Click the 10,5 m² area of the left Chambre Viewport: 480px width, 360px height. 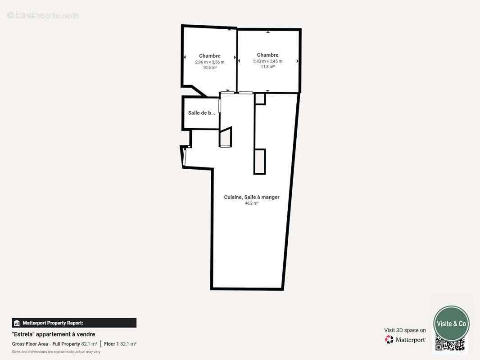209,67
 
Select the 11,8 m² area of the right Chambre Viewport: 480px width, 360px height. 267,67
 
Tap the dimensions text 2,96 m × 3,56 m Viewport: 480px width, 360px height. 209,62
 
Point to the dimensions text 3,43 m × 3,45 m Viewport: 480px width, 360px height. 267,61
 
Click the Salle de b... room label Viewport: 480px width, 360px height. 201,113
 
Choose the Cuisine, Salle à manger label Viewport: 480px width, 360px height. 252,197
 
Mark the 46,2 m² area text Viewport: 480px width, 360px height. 252,203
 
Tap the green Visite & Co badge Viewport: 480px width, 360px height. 451,324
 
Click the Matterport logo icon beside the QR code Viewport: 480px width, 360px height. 389,340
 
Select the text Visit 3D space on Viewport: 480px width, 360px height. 405,330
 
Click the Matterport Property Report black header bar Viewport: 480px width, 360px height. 74,323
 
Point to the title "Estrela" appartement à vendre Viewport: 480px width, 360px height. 54,334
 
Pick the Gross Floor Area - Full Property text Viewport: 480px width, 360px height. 46,344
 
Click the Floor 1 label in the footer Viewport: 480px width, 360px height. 111,344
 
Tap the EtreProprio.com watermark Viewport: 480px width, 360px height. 43,16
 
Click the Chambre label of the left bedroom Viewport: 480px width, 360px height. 209,56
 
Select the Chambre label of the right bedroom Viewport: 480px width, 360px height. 267,55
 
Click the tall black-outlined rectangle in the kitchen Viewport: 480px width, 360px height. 259,161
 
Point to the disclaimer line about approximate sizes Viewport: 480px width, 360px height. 56,351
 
